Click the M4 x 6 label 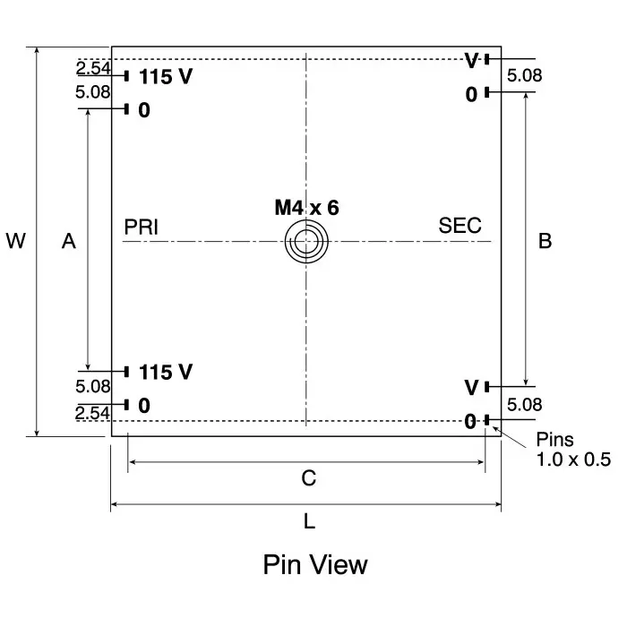[x=306, y=208]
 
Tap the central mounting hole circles [x=306, y=242]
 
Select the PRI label [x=142, y=227]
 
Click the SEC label [x=460, y=226]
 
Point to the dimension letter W [x=15, y=241]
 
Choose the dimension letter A [x=68, y=241]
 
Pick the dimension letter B [x=544, y=240]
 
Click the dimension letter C [x=308, y=478]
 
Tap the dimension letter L [x=309, y=521]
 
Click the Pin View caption [x=314, y=565]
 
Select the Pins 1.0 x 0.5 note [x=572, y=450]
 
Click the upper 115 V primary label [x=166, y=77]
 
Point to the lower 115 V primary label [x=166, y=372]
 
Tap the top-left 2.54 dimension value [x=93, y=68]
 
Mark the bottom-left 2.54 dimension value [x=93, y=413]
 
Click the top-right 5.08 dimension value [x=524, y=76]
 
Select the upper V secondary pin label [x=471, y=61]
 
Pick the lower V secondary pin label [x=471, y=388]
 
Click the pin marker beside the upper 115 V [x=127, y=76]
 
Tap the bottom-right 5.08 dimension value [x=524, y=405]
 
